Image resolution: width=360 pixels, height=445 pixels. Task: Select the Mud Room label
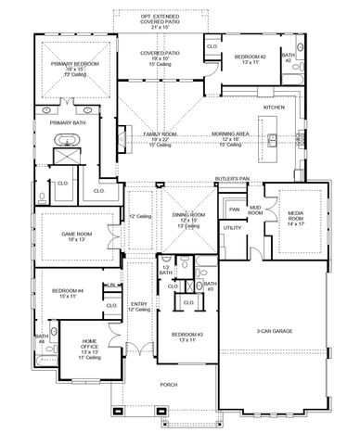[x=255, y=211]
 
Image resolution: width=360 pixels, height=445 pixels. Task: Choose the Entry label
[x=139, y=304]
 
